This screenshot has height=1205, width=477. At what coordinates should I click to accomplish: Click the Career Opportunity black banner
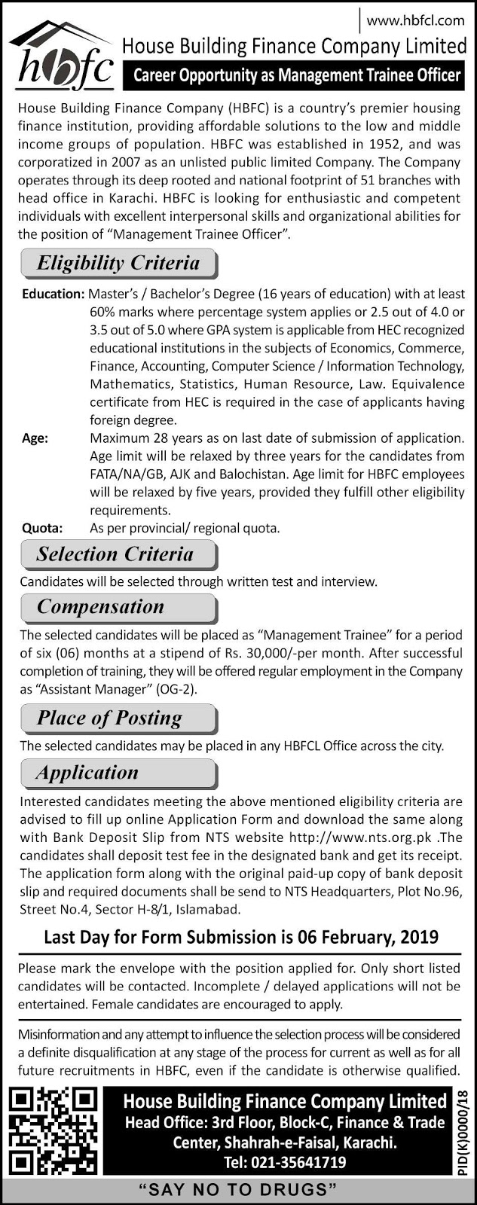(296, 75)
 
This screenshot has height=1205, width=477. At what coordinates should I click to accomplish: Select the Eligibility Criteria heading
(118, 264)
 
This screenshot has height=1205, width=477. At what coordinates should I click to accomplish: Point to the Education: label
(53, 294)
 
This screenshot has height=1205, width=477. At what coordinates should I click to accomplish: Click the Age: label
(35, 438)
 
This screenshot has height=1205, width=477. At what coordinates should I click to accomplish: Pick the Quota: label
(42, 528)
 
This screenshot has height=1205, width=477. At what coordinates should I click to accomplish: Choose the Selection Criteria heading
(115, 554)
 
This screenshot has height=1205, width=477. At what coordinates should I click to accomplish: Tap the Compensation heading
(100, 607)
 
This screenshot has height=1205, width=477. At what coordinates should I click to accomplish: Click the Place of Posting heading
(110, 718)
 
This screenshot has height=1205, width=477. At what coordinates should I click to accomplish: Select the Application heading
(87, 773)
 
